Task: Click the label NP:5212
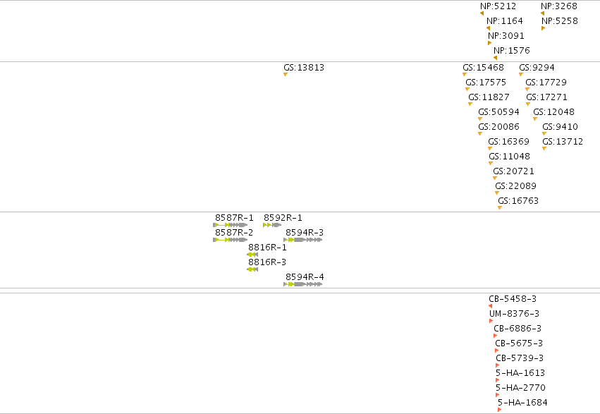(x=498, y=6)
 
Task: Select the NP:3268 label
(x=559, y=6)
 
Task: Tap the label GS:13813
(x=304, y=68)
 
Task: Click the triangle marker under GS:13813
(x=285, y=75)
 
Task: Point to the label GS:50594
(x=498, y=112)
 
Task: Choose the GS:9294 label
(x=537, y=68)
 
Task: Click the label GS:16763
(x=518, y=201)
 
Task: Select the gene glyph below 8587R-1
(x=231, y=225)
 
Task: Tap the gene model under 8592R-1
(x=272, y=225)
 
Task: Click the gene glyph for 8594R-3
(x=302, y=240)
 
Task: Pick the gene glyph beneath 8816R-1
(x=252, y=255)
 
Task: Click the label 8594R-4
(x=305, y=277)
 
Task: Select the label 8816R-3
(x=267, y=262)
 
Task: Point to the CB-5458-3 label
(x=513, y=299)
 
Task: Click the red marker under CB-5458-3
(x=490, y=306)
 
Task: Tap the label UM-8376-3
(x=514, y=314)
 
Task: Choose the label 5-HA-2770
(x=520, y=388)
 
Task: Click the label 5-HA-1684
(x=522, y=403)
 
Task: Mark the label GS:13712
(x=563, y=142)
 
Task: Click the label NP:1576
(x=512, y=51)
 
